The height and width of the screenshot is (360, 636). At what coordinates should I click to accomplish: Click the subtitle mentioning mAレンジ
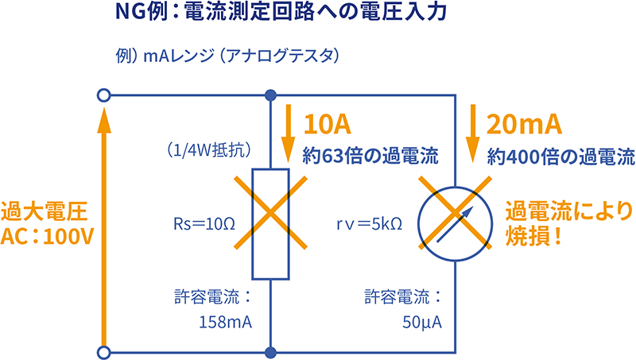[227, 57]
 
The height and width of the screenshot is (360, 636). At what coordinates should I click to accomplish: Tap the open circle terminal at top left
[102, 96]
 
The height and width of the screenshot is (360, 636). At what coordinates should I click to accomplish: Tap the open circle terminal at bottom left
[102, 351]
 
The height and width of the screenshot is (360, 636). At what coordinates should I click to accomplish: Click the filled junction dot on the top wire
[271, 96]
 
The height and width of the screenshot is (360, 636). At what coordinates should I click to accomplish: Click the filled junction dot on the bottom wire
[271, 351]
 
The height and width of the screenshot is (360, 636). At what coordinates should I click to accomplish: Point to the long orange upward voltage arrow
[102, 223]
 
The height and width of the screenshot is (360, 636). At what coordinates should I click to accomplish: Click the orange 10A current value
[327, 125]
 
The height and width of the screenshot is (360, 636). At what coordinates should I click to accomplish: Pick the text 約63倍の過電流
[370, 156]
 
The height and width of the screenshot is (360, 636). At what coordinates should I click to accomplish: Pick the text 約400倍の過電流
[560, 156]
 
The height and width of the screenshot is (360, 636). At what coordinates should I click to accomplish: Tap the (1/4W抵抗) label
[208, 149]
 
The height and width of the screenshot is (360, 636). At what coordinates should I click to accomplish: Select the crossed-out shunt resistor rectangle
[271, 223]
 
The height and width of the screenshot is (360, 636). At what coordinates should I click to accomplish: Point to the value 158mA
[225, 323]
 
